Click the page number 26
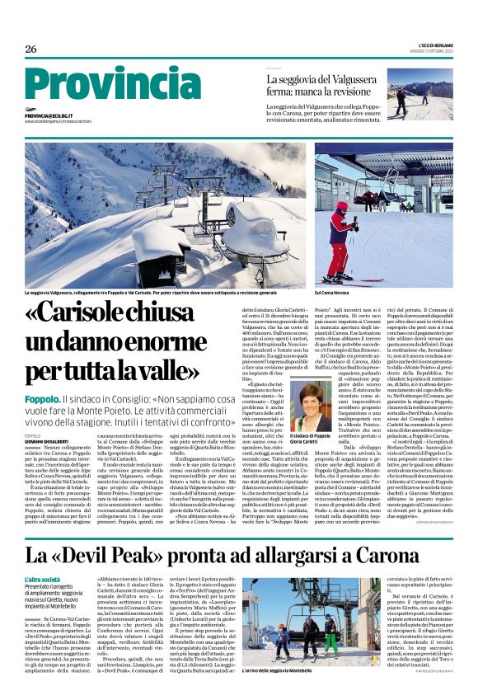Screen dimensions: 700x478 pyautogui.click(x=30, y=49)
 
